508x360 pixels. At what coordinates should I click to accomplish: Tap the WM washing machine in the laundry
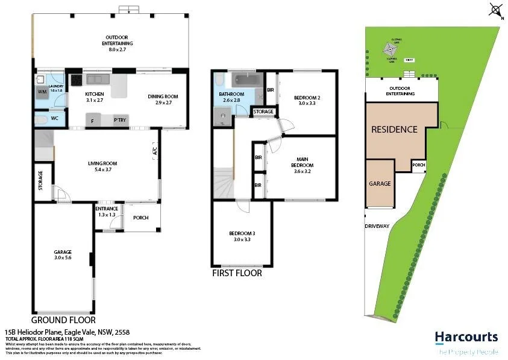click(x=42, y=92)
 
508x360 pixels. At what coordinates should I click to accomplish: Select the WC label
click(x=54, y=118)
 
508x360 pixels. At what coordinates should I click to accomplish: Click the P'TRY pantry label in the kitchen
click(x=120, y=121)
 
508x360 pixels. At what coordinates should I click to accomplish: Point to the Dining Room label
click(x=163, y=96)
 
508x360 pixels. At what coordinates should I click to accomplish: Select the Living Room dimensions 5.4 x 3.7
click(x=102, y=170)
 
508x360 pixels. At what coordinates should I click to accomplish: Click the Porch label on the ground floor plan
click(x=140, y=218)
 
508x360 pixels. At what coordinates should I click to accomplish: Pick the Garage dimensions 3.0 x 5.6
click(x=62, y=258)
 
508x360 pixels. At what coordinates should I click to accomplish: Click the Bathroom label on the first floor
click(x=231, y=94)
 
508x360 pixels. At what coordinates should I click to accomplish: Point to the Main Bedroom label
click(x=302, y=162)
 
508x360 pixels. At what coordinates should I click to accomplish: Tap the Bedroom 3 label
click(x=241, y=234)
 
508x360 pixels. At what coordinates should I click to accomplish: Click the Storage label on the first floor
click(x=263, y=112)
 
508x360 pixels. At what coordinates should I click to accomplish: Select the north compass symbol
click(x=496, y=10)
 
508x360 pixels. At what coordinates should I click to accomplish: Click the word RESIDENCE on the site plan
click(x=394, y=129)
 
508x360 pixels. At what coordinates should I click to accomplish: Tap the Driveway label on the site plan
click(x=377, y=226)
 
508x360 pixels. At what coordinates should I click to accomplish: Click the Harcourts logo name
click(x=466, y=337)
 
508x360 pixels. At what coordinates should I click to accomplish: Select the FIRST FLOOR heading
click(x=237, y=273)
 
